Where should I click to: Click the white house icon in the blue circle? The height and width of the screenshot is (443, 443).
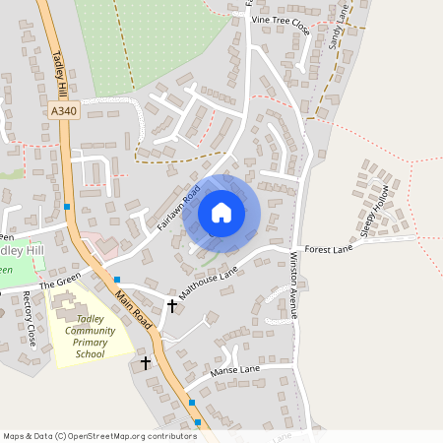221,212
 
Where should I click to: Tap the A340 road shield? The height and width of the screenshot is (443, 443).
62,112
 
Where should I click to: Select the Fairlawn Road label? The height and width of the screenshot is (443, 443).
178,207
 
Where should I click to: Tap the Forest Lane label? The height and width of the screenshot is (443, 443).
329,250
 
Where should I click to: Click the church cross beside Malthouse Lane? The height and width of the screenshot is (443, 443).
172,306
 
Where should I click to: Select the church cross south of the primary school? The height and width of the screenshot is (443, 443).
146,363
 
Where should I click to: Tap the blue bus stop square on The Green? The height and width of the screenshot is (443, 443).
116,280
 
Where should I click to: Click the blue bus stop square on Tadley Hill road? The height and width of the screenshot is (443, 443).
67,206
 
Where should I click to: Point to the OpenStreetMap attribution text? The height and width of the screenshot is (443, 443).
99,435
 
